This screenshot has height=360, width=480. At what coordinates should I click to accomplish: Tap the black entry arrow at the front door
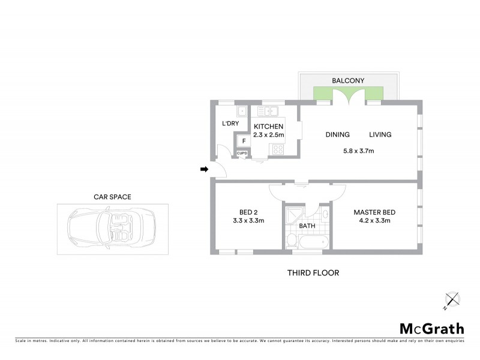tap(204, 170)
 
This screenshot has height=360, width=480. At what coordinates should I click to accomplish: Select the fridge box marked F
tap(244, 142)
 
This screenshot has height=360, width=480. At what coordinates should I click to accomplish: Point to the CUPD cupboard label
tap(243, 154)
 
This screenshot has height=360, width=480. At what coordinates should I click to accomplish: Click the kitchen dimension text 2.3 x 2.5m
tap(268, 135)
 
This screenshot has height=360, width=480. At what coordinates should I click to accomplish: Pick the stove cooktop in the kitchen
tap(278, 149)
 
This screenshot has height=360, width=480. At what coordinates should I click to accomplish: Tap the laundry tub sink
tap(242, 111)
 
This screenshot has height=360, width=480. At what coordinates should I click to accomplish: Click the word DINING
tap(338, 135)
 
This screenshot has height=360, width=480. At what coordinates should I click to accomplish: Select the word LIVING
tap(380, 135)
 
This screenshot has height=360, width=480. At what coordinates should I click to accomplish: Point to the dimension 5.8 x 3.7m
tap(358, 151)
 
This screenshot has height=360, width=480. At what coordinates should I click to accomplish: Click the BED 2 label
tap(248, 212)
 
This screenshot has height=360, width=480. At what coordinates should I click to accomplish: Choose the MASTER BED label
tap(374, 212)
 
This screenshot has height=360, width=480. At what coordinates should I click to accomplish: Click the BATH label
tap(307, 226)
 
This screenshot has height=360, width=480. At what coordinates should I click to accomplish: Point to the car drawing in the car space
tap(112, 229)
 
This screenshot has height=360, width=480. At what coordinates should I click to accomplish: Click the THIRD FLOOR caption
tap(313, 273)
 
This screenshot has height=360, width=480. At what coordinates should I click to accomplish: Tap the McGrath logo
tap(431, 328)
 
